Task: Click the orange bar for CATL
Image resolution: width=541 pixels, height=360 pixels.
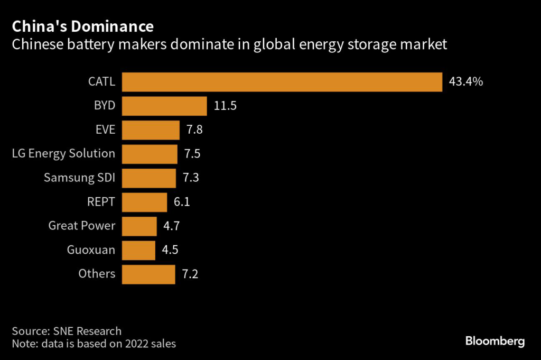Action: click(282, 82)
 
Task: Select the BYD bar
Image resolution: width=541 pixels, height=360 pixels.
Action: click(164, 106)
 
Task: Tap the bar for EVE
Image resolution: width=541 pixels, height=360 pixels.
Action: click(151, 130)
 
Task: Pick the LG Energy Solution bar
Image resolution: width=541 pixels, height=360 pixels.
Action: click(150, 154)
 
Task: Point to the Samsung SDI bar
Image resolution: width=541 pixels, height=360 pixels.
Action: click(148, 178)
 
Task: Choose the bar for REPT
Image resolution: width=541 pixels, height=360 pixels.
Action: click(144, 202)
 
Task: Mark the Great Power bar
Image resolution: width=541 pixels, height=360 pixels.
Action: click(139, 226)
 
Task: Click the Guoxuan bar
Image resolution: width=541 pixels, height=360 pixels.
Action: click(138, 250)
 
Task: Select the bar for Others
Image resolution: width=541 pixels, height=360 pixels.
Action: click(148, 274)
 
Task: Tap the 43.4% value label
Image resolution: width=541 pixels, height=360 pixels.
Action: click(466, 82)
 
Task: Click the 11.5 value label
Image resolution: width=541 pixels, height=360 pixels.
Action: click(225, 106)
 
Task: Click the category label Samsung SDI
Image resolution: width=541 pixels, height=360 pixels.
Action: click(79, 178)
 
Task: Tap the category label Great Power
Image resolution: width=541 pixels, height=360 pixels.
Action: click(81, 226)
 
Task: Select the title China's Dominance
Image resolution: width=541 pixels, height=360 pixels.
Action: click(83, 26)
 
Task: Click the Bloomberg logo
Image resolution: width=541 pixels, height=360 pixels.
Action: click(495, 341)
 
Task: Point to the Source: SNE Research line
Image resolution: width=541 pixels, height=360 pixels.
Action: click(67, 331)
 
